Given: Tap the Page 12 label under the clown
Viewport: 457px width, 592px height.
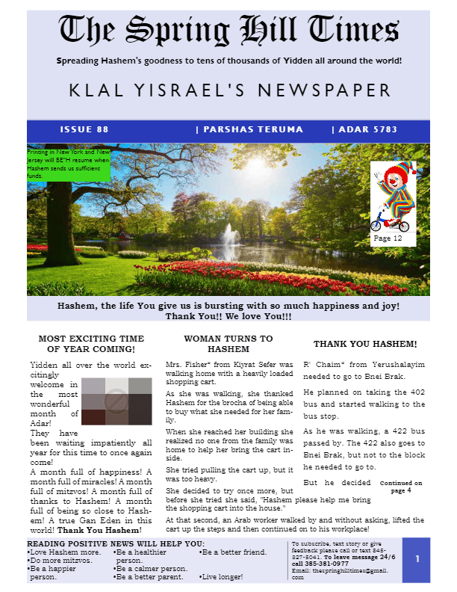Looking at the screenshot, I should pos(388,238).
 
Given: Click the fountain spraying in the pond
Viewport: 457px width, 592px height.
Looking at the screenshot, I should pos(231,237).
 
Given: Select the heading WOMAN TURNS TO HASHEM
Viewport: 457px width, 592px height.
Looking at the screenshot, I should pos(228,344).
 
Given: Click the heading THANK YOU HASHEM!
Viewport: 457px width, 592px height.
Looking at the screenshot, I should pos(365,344).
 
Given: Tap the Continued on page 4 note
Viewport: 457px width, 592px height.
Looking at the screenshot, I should pos(401,487).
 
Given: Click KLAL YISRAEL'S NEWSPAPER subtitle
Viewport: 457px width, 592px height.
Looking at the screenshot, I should pos(230,91).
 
